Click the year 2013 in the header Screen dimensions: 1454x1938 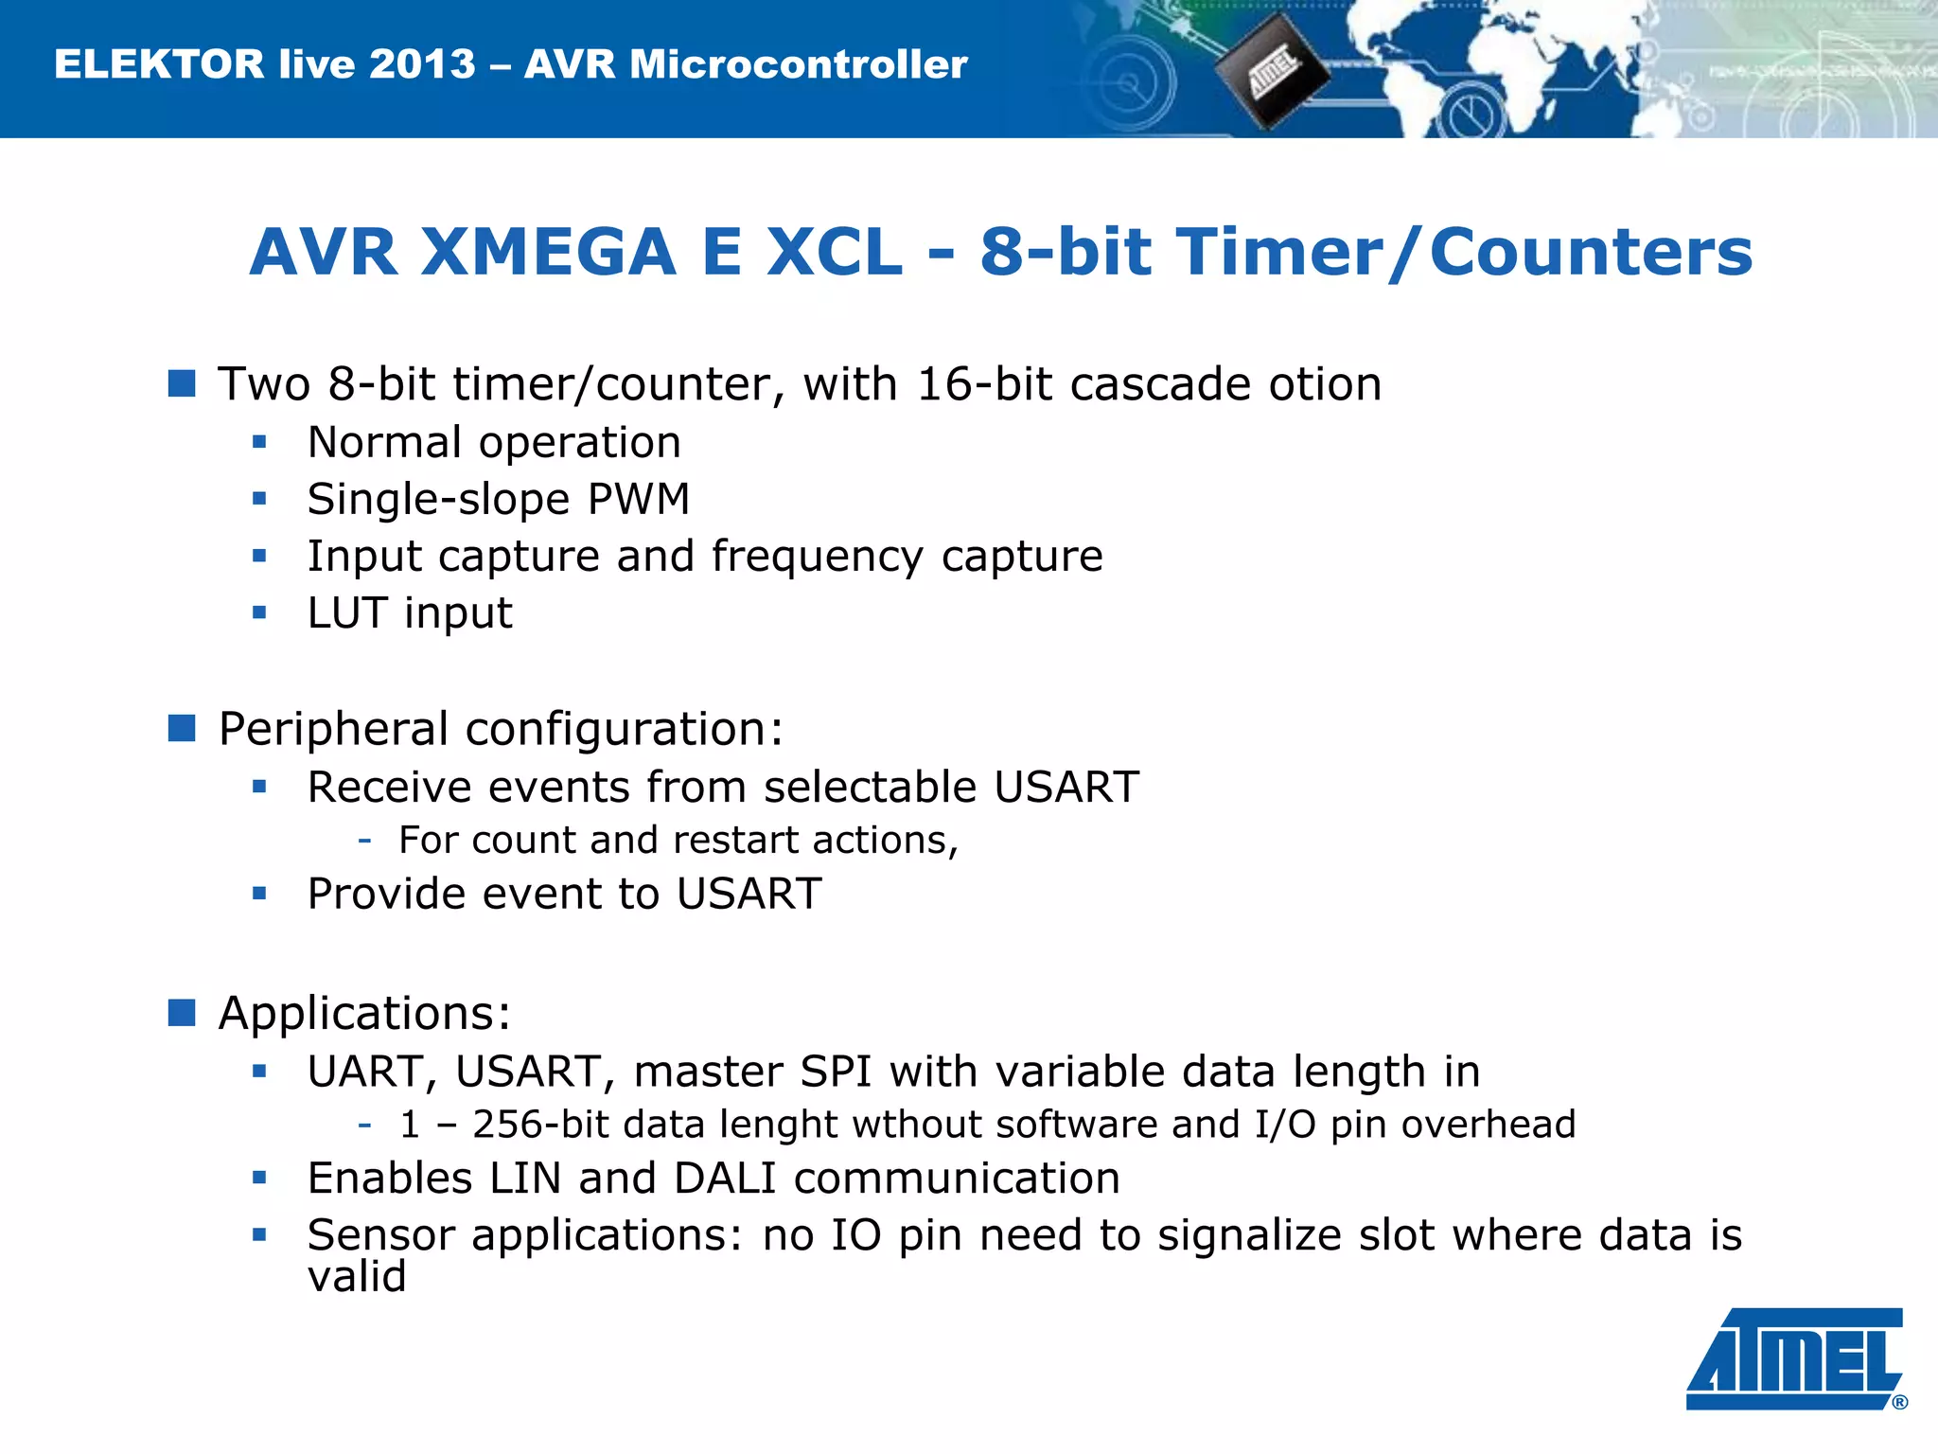(x=422, y=64)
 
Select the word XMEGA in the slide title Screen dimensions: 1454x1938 (x=549, y=253)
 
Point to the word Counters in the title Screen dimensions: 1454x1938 (x=1591, y=253)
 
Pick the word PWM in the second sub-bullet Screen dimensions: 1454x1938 (x=639, y=499)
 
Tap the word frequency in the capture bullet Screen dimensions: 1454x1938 (x=818, y=557)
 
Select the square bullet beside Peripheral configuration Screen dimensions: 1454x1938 (x=182, y=728)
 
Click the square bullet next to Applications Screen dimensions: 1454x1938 (x=182, y=1012)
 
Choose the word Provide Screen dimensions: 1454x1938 (x=386, y=894)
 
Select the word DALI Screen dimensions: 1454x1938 (x=725, y=1179)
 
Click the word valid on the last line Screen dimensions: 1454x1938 (x=357, y=1276)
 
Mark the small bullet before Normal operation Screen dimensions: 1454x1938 (x=259, y=441)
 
